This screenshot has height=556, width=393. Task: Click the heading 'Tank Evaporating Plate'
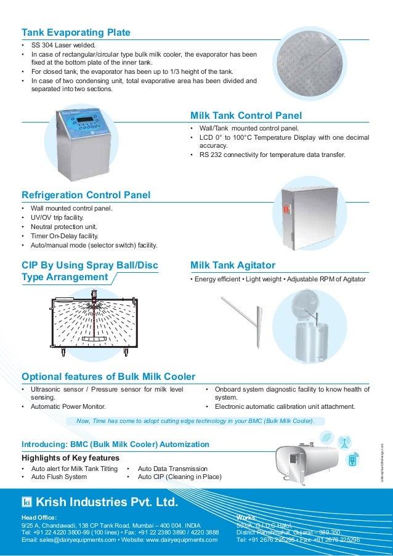point(75,32)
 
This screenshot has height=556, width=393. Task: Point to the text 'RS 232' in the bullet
point(209,155)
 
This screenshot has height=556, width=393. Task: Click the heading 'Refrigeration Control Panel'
point(86,195)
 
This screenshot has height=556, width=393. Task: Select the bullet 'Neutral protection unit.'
point(65,227)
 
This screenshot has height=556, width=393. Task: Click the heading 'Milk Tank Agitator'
point(233,265)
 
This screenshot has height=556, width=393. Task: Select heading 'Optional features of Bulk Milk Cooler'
point(108,376)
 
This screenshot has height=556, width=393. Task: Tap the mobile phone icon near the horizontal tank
point(352,461)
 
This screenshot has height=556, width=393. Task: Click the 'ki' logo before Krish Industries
point(26,502)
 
